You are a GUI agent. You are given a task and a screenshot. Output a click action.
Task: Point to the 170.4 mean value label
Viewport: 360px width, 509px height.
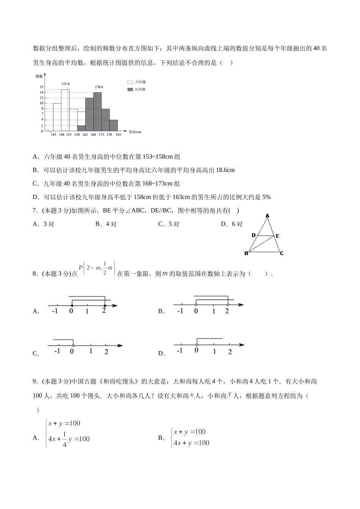[x=99, y=87]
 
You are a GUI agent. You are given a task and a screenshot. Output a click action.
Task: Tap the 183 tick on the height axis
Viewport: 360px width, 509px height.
[x=118, y=134]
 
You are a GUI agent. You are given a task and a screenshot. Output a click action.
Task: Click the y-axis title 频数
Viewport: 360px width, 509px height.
[x=39, y=76]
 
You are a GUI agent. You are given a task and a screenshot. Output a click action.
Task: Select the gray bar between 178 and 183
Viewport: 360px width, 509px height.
[x=113, y=125]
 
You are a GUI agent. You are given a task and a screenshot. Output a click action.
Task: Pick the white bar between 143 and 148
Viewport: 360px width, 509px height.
[x=57, y=117]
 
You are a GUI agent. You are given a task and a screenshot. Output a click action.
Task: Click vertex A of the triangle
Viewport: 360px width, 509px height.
[x=267, y=216]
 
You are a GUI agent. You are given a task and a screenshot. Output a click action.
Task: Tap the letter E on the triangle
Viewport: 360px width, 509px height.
[x=278, y=236]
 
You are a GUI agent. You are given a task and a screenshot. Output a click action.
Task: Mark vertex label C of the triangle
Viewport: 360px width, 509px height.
[x=282, y=253]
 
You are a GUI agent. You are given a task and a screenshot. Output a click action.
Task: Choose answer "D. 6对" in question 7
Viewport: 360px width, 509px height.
[x=232, y=224]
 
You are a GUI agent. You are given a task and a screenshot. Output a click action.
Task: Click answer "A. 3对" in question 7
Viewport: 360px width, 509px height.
[x=44, y=224]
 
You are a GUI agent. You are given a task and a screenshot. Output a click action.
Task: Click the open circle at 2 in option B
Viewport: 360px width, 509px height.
[x=227, y=304]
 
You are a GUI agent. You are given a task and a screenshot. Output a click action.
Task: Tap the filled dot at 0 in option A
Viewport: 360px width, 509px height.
[x=72, y=305]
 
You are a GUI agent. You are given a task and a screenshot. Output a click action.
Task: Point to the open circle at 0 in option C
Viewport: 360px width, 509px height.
[x=73, y=345]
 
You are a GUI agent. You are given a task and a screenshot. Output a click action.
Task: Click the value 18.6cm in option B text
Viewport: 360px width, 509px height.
[x=225, y=170]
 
